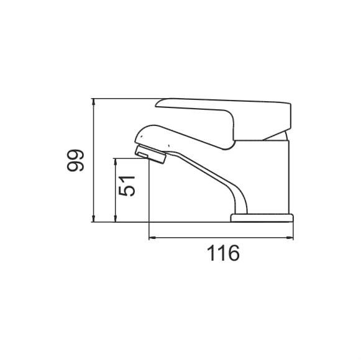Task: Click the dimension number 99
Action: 75,160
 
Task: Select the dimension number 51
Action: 127,186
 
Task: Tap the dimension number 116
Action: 223,253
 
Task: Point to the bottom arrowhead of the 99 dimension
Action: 93,218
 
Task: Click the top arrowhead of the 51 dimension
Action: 116,162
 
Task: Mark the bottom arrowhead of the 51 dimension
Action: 116,218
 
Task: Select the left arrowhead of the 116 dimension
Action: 153,238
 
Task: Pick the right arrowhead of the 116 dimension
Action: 290,238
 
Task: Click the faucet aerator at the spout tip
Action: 150,154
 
